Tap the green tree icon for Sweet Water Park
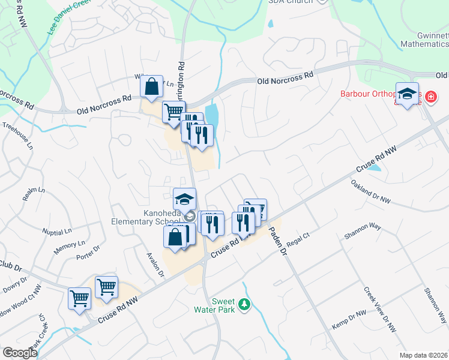244,305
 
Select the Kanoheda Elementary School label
146,217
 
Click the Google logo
20,352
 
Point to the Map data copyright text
423,355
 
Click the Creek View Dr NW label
380,309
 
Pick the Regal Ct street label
298,236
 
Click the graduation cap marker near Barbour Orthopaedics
407,94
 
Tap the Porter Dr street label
87,254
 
